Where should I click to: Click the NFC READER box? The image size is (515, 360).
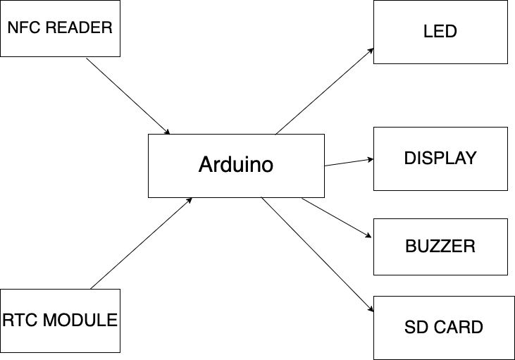coord(60,28)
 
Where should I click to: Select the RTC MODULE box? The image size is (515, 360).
coord(60,321)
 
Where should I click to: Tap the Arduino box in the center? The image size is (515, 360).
coord(236,166)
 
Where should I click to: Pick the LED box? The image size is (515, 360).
coord(440,32)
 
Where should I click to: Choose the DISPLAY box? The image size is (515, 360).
coord(440,159)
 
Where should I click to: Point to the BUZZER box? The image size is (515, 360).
coord(440,247)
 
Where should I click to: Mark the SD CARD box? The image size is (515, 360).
coord(444,328)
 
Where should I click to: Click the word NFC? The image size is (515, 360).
coord(21,28)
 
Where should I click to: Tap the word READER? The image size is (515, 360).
coord(77,28)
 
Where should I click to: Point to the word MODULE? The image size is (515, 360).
coord(80,321)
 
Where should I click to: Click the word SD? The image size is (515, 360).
coord(415,328)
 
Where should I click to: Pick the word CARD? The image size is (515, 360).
coord(457,328)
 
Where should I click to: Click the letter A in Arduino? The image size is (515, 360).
coord(205,166)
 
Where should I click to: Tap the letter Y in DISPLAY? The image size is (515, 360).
coord(471,159)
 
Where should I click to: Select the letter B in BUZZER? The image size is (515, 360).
coord(411,247)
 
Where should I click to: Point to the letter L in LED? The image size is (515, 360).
coord(428,32)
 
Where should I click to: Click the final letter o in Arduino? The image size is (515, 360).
coord(267,166)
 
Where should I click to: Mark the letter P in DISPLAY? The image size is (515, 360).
coord(440,159)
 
